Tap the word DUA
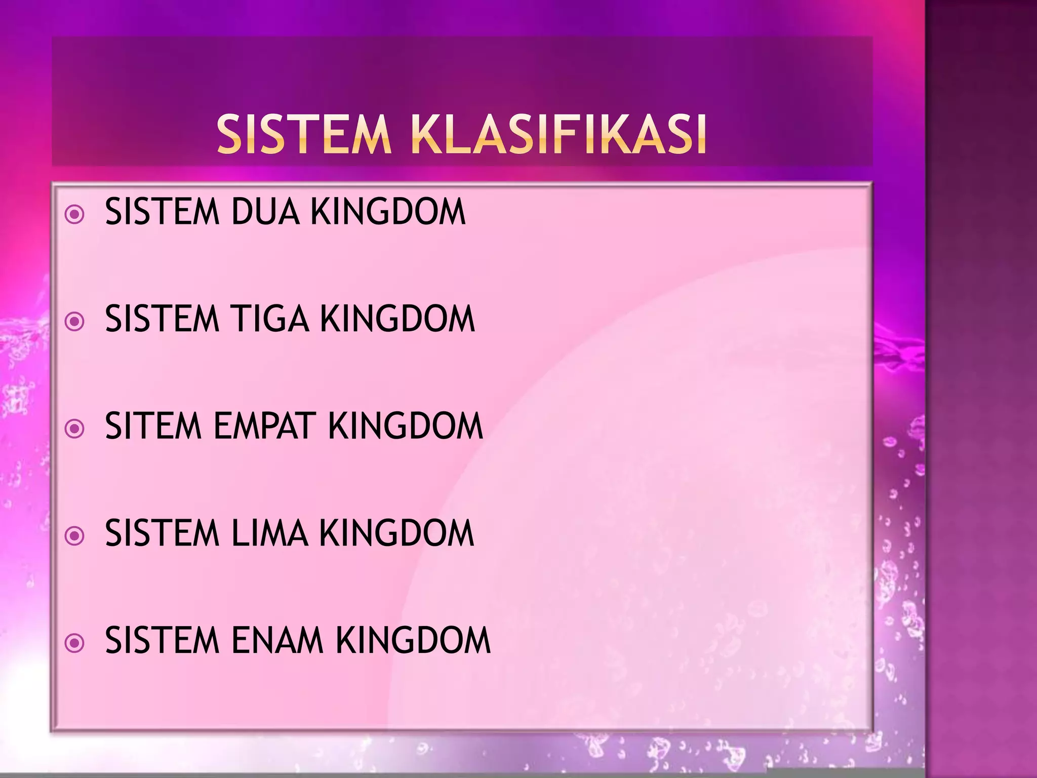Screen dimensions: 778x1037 point(265,211)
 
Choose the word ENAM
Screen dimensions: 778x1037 point(277,640)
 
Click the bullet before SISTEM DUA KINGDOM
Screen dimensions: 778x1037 point(75,214)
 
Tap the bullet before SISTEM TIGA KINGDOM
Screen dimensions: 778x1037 point(75,322)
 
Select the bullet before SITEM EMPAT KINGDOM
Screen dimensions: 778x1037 point(75,429)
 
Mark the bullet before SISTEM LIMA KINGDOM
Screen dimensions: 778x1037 point(75,536)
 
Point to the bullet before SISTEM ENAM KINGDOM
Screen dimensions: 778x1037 point(75,643)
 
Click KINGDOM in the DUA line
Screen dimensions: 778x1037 point(388,211)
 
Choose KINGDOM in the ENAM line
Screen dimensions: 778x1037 point(413,640)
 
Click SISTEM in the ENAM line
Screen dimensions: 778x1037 point(162,640)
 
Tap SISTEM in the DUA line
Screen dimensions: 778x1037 point(162,211)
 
